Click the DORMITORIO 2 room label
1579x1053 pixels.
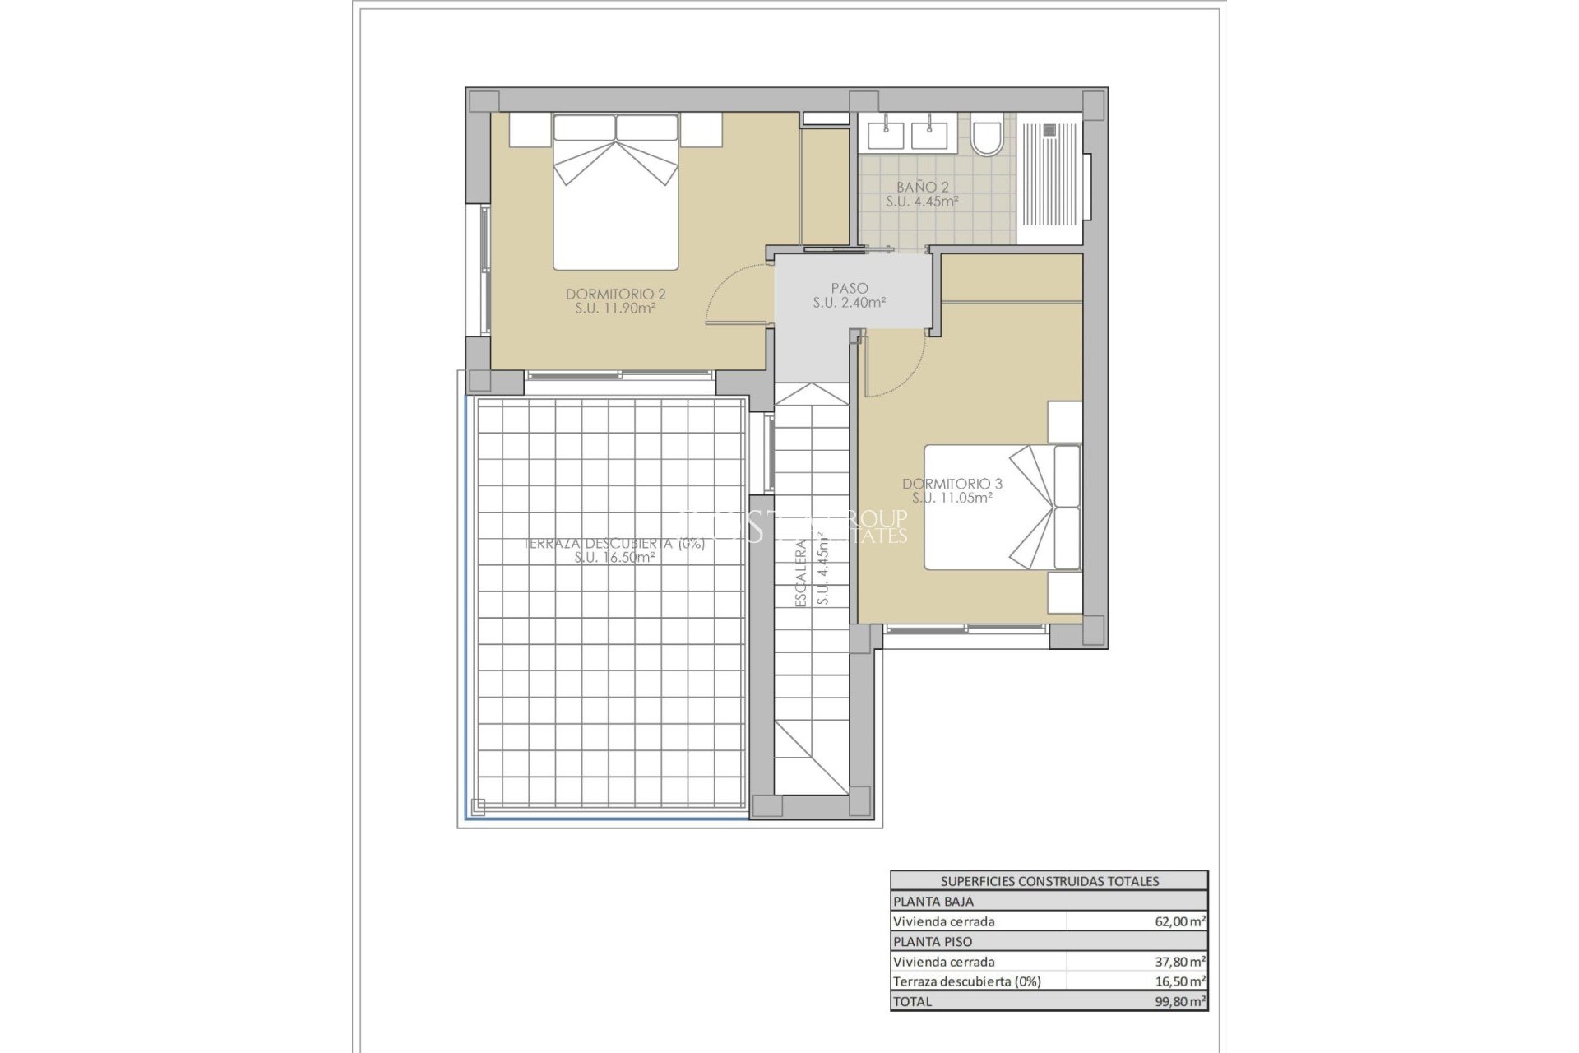615,294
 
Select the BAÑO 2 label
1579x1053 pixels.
922,188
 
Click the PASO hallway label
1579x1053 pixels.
849,288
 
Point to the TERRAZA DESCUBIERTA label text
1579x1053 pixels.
614,544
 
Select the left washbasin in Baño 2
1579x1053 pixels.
884,133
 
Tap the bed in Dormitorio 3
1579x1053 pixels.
1002,507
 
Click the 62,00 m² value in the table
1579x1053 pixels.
1180,922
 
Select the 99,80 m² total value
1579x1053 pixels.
1180,1001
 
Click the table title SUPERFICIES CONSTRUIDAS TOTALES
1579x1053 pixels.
1049,881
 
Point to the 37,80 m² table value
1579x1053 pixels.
1180,962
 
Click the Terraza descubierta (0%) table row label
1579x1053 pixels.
966,981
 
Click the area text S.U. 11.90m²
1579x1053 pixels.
615,308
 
